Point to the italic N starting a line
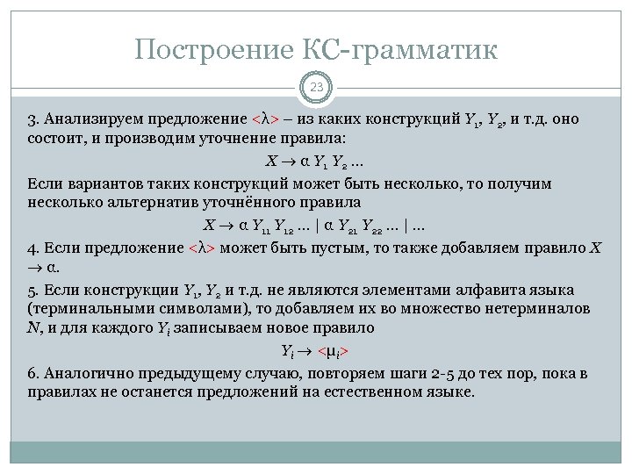pyautogui.click(x=32, y=327)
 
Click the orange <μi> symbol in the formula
pyautogui.click(x=333, y=351)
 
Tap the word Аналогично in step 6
pyautogui.click(x=83, y=373)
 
